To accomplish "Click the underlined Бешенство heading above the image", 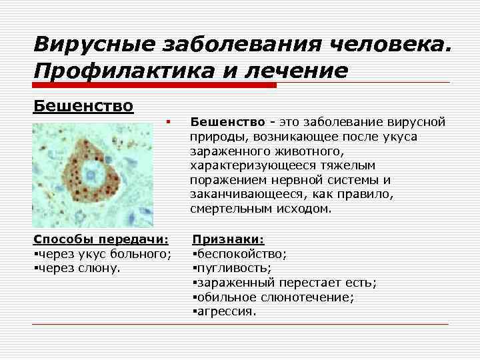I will (x=83, y=106).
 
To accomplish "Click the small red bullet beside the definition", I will (x=170, y=122).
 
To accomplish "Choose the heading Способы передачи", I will (x=101, y=239).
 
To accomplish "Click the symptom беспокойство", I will (x=241, y=254).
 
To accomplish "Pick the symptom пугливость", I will (x=233, y=268).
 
